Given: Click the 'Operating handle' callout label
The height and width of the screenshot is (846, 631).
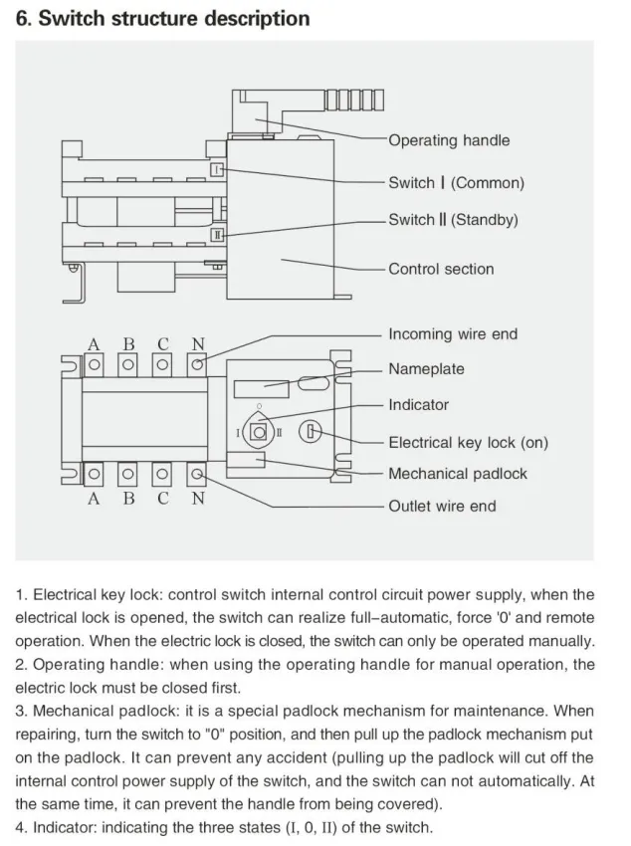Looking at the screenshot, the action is [449, 140].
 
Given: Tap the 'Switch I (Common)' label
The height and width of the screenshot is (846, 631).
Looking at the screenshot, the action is [456, 183].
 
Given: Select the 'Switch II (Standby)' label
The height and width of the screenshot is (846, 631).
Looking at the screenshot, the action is [453, 220].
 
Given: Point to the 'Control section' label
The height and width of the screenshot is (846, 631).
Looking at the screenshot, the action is [441, 269].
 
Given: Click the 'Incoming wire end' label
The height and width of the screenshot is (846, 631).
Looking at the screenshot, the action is [453, 334].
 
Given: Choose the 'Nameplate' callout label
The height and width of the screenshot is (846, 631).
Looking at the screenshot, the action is [426, 369].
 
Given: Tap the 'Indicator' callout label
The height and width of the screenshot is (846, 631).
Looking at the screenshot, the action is [418, 405].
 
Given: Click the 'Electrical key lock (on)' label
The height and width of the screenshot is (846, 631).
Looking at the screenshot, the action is [468, 443].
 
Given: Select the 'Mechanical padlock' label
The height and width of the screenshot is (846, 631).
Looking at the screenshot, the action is [458, 474].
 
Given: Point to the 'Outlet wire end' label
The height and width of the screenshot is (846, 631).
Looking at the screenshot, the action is [442, 506].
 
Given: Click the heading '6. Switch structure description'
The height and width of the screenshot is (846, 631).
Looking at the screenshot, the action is [162, 19].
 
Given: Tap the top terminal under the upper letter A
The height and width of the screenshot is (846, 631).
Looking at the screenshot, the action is [94, 364].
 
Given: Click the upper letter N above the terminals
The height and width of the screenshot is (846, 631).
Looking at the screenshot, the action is [198, 343].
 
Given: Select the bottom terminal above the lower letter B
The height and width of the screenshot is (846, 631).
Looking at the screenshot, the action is [127, 474].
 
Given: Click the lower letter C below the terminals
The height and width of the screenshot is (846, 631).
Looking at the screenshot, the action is [163, 498].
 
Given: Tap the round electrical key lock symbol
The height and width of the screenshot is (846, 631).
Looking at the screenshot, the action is [311, 432].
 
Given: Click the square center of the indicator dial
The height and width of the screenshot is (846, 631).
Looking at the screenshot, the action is [260, 433].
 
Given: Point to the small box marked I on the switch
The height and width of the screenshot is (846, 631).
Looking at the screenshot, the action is [216, 170].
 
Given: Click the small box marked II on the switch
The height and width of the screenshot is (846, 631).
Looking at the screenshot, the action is [217, 235].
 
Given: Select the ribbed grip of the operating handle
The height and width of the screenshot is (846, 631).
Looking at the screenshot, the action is [354, 101].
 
